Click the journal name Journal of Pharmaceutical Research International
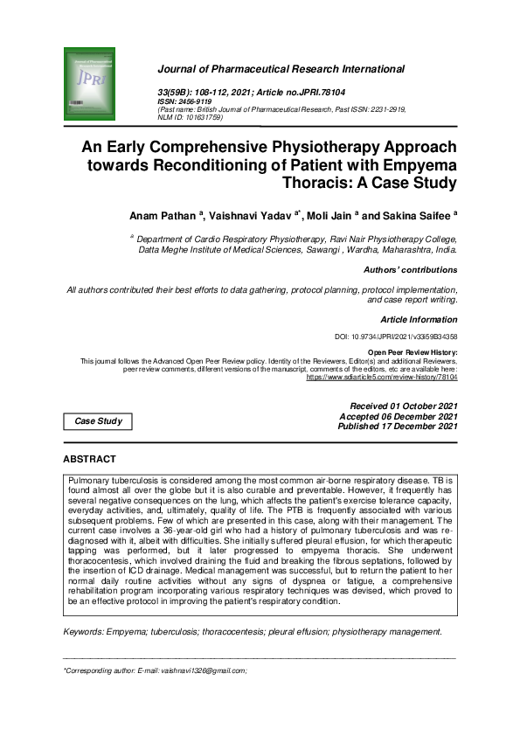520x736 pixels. tap(281, 69)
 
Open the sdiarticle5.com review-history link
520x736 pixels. tap(381, 376)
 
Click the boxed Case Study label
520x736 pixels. tap(98, 421)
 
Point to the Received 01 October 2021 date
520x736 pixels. tap(403, 406)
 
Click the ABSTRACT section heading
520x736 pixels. tap(89, 459)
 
